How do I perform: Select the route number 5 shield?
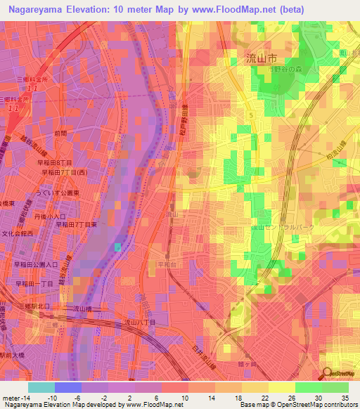coord(250,112)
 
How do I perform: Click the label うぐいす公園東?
coord(58,191)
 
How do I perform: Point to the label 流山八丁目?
coord(139,322)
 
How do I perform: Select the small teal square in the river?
coord(118,246)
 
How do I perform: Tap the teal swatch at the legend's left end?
coord(41,387)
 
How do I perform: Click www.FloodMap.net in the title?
coord(247,9)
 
